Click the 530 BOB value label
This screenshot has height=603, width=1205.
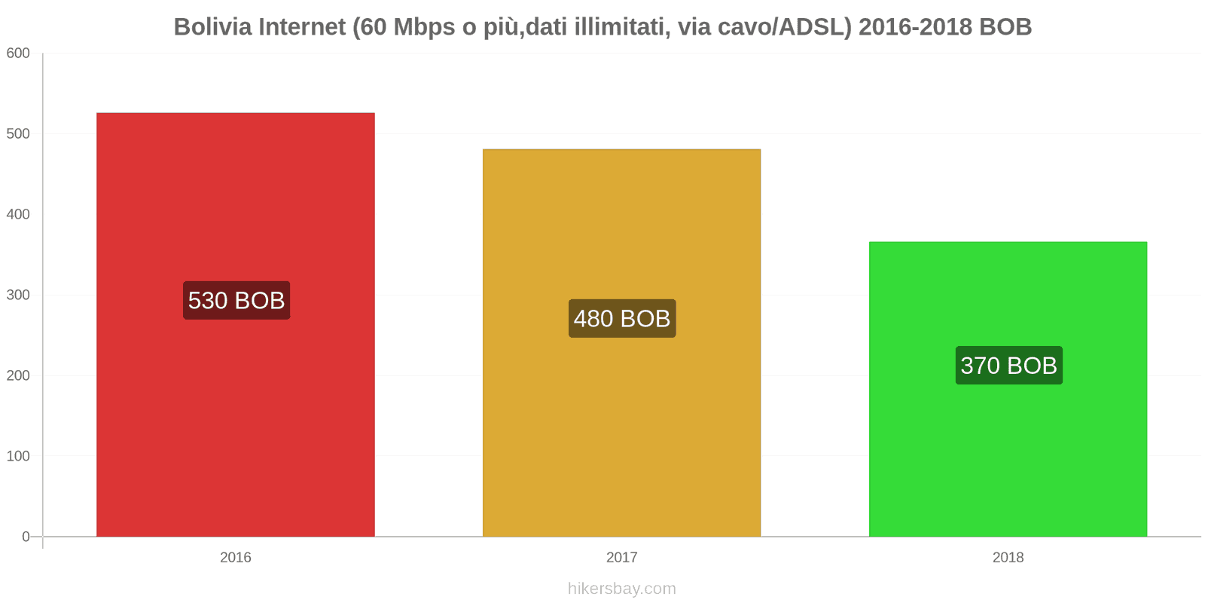pyautogui.click(x=236, y=300)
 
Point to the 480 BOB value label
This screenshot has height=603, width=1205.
pyautogui.click(x=622, y=318)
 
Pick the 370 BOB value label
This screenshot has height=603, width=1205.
pyautogui.click(x=1008, y=366)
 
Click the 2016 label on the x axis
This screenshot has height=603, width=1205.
pyautogui.click(x=235, y=557)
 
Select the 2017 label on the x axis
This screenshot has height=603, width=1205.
pyautogui.click(x=621, y=557)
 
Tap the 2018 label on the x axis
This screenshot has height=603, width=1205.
pyautogui.click(x=1008, y=557)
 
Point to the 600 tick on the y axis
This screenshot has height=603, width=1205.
pyautogui.click(x=18, y=53)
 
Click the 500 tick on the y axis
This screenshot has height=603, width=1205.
pyautogui.click(x=18, y=133)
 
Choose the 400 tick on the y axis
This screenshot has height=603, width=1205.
pyautogui.click(x=18, y=214)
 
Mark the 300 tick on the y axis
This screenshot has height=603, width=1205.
pyautogui.click(x=18, y=295)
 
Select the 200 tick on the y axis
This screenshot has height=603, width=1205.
pyautogui.click(x=18, y=375)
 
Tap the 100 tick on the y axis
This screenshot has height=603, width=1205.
pyautogui.click(x=18, y=456)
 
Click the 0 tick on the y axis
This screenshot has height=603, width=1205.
pyautogui.click(x=26, y=537)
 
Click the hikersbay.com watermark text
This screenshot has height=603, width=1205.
pyautogui.click(x=621, y=588)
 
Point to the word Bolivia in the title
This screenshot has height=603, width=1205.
pyautogui.click(x=213, y=27)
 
